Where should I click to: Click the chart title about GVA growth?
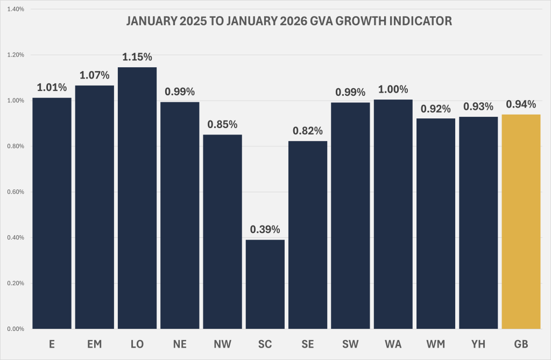(289, 22)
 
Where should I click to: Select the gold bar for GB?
(521, 221)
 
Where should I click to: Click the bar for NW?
(222, 231)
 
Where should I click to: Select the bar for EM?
(94, 207)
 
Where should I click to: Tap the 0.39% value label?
(265, 229)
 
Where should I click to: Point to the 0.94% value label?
(521, 104)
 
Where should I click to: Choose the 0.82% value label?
(308, 130)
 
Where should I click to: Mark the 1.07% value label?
(94, 75)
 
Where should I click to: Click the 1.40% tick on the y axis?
(15, 9)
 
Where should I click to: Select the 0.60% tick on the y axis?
(15, 192)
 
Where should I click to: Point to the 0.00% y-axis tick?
(15, 329)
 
